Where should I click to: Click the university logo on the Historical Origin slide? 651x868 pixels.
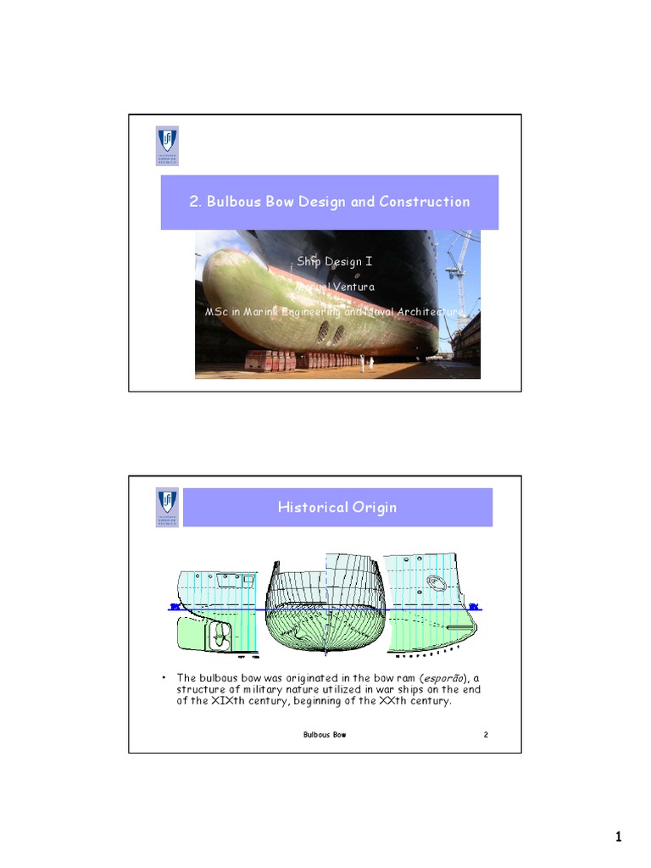click(168, 508)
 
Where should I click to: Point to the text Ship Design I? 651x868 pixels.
click(334, 262)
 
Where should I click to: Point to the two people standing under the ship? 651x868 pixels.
click(366, 364)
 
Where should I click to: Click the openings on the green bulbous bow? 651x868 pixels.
click(330, 333)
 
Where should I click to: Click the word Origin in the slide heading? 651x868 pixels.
click(374, 508)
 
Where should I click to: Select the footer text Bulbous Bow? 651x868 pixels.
click(324, 735)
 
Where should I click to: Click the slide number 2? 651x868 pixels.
click(486, 735)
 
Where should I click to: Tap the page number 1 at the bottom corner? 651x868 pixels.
click(618, 838)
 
